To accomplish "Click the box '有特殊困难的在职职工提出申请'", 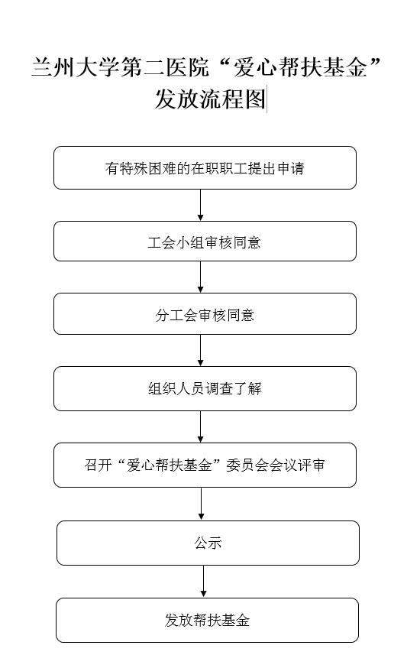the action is point(205,168).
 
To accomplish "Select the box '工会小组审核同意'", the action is point(205,241).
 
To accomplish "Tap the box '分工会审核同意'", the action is point(205,314).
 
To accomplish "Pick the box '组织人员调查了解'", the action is point(205,388).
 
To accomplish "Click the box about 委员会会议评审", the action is point(205,465).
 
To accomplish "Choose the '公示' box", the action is point(208,543).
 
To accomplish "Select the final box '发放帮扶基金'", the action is point(207,620).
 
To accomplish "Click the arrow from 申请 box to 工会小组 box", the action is point(200,206).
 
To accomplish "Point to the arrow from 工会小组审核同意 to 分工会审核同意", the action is point(200,277).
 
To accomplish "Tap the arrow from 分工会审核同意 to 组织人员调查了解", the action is point(200,351).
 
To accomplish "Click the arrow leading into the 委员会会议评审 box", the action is point(200,427).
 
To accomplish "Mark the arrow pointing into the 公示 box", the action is point(202,504).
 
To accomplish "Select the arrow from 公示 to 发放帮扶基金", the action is point(203,582).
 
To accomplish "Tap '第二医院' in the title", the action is point(165,68).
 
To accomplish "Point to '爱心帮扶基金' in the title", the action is point(299,68).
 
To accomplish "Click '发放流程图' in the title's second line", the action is point(210,99).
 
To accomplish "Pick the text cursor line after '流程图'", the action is point(267,99).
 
